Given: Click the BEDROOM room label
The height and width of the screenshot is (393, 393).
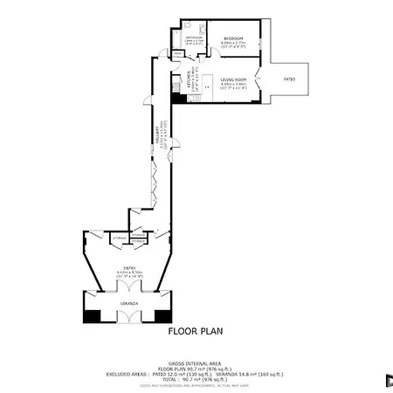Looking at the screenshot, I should tap(233, 39).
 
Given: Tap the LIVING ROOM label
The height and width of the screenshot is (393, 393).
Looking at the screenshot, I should tap(232, 79).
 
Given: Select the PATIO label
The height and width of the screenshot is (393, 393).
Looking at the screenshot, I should tap(289, 79).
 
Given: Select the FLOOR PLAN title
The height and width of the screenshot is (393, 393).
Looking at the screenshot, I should tap(196, 332).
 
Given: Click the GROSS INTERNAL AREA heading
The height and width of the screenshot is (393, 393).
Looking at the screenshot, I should tap(196, 365).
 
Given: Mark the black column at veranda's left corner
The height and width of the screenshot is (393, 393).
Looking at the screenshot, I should tap(92, 317).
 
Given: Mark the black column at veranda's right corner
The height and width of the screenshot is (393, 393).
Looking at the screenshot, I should tap(166, 317).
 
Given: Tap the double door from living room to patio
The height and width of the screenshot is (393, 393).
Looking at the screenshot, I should tap(259, 80).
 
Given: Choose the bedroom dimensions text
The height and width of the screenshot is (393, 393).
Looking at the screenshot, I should tap(233, 45).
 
